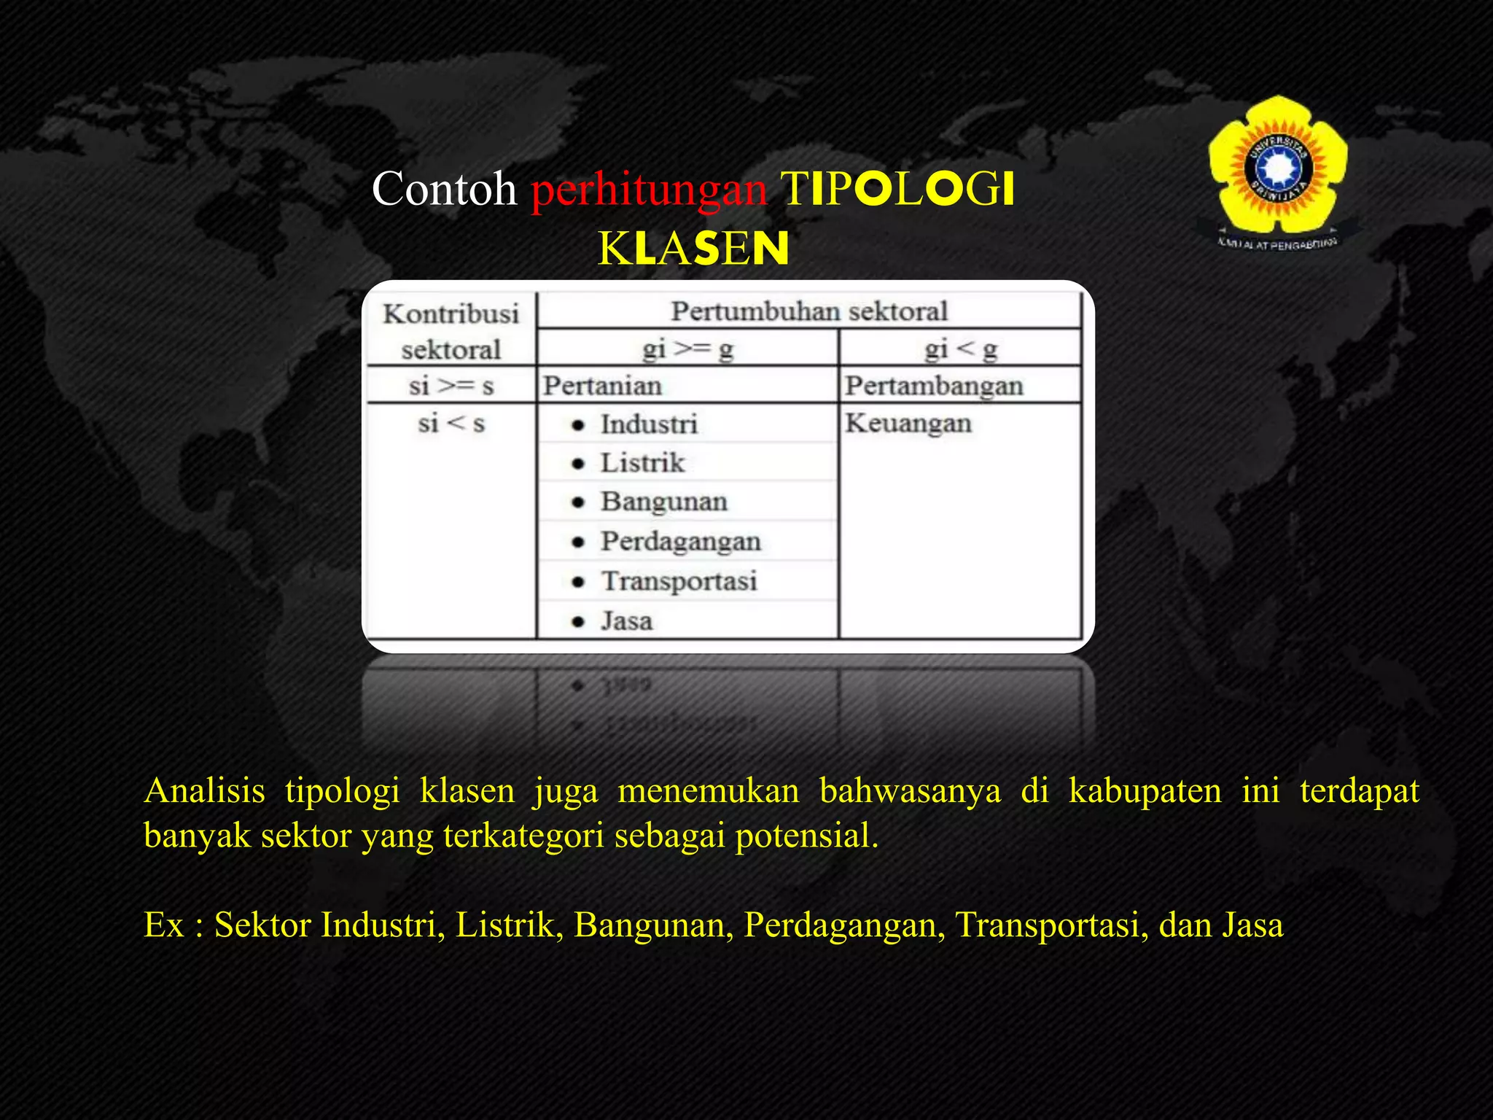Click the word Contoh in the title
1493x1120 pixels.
pos(444,189)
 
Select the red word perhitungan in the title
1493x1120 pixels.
pos(649,190)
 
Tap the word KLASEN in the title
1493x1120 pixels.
pos(693,249)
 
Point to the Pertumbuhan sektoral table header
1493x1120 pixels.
pos(808,311)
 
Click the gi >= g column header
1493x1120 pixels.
pos(687,349)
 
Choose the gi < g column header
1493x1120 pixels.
pos(960,349)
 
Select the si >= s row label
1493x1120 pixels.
pos(451,386)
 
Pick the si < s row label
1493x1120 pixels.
pos(451,423)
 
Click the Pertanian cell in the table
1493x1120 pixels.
pos(603,386)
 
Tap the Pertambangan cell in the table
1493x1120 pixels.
pos(934,386)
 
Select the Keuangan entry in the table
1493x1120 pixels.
pos(908,423)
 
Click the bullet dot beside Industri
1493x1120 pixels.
pos(579,425)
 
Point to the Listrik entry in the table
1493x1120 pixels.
pos(642,463)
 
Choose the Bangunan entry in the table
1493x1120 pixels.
pos(663,502)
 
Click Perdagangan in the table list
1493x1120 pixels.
pos(680,541)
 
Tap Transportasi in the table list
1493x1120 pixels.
pos(679,581)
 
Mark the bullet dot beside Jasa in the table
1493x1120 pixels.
pos(579,622)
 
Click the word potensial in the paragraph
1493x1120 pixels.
pos(806,836)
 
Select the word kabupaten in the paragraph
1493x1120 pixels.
pos(1145,791)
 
